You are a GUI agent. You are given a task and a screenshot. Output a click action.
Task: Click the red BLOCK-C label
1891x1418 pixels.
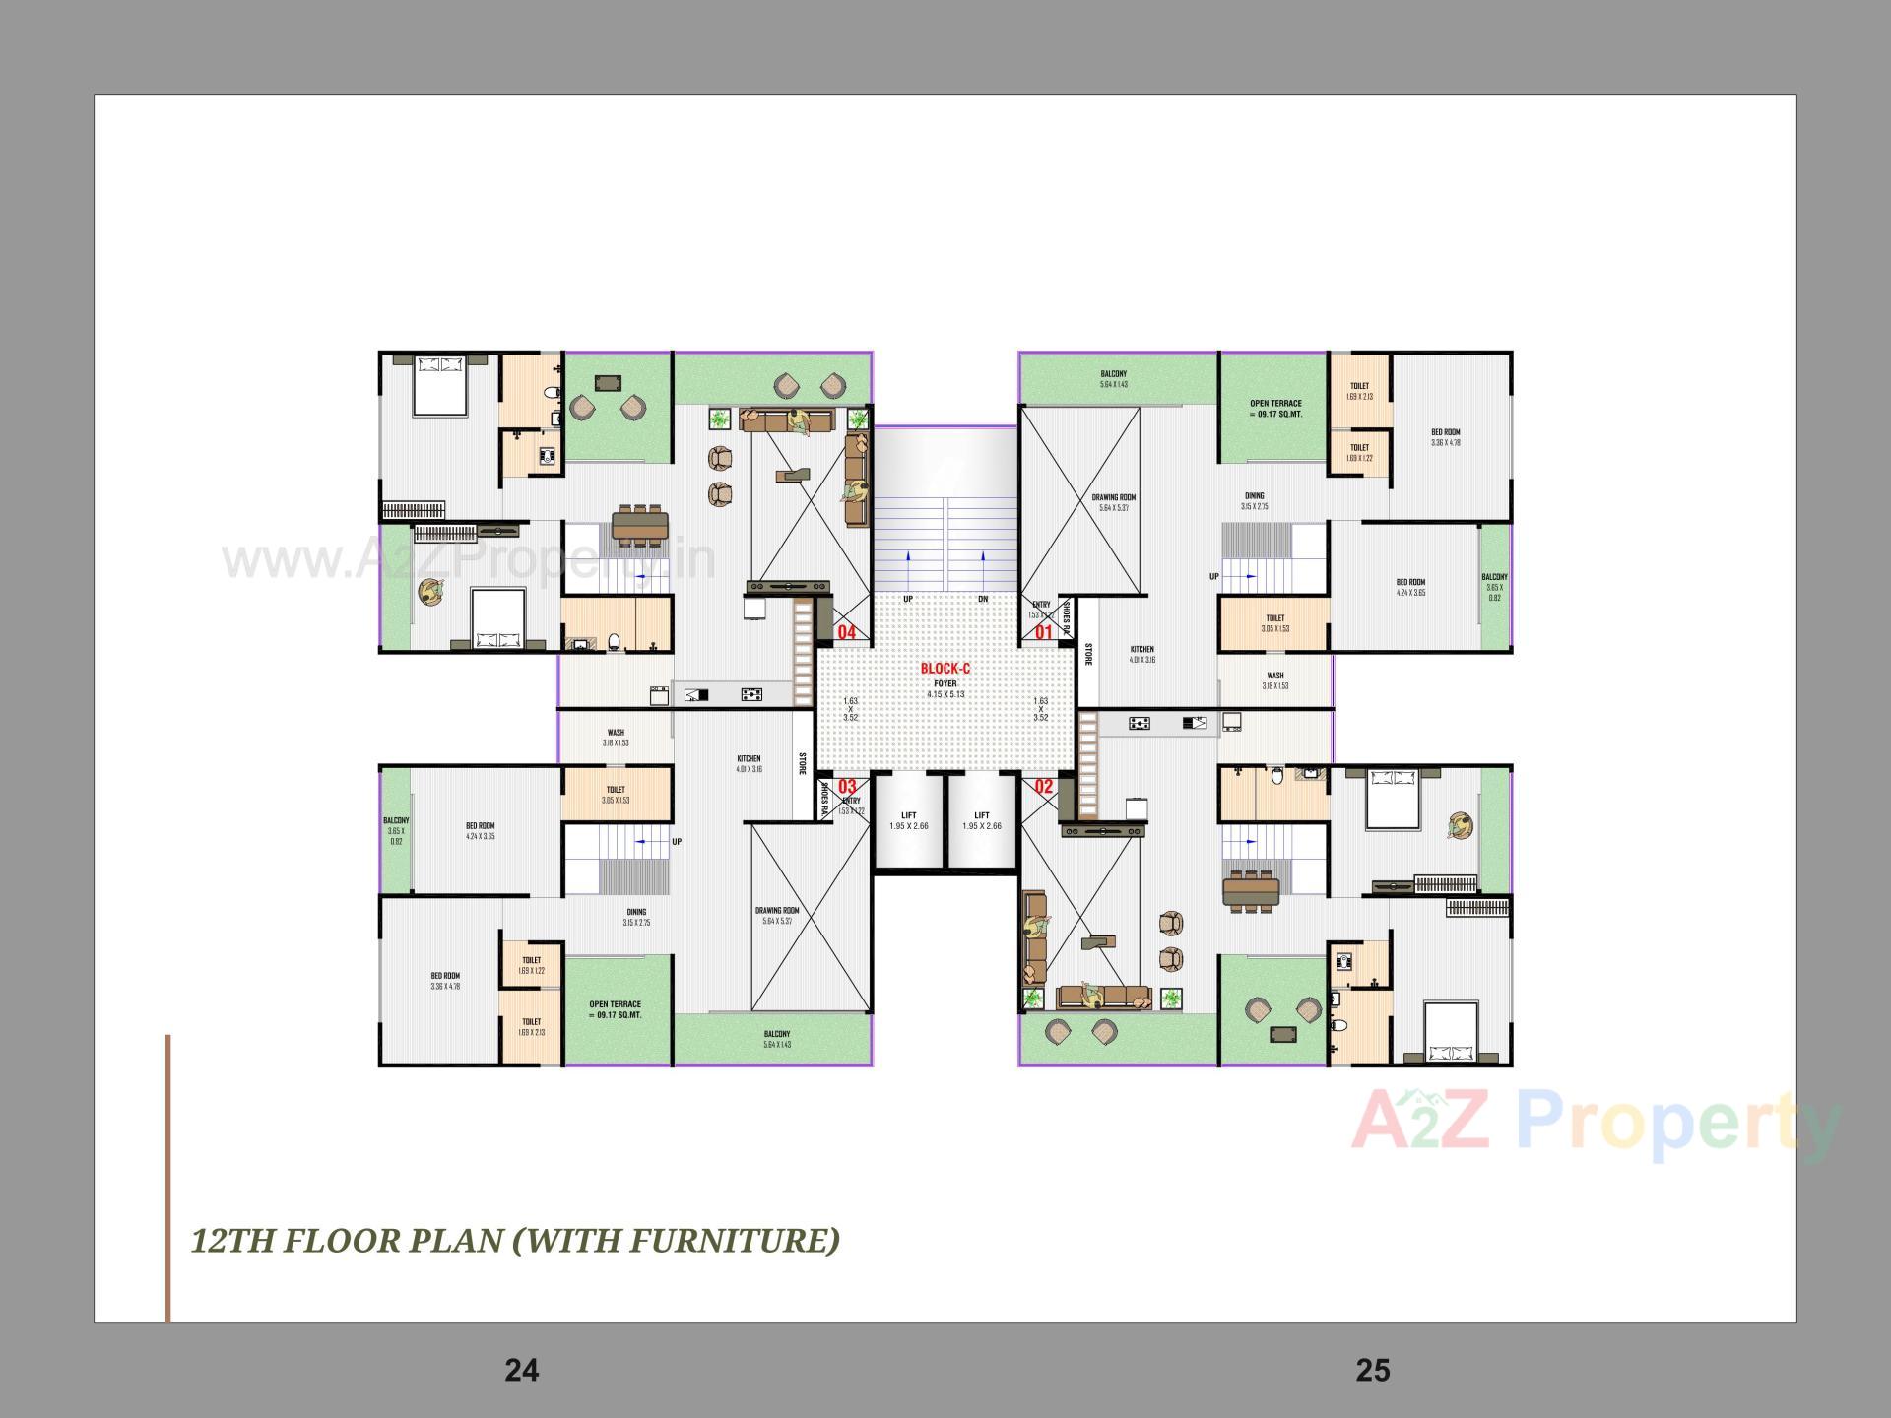(945, 669)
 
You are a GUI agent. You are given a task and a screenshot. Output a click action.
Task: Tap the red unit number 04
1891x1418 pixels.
(846, 633)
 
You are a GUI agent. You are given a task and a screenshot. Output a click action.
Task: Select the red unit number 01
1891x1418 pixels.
(1043, 632)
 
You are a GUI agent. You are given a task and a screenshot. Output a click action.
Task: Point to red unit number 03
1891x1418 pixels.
(847, 787)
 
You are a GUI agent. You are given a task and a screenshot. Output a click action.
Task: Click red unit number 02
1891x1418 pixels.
(1043, 787)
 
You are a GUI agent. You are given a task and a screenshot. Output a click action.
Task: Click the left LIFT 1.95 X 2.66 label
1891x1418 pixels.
(908, 820)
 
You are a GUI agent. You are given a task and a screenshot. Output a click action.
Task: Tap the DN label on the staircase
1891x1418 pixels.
(982, 599)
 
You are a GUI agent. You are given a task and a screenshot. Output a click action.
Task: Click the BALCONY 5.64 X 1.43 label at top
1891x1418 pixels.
(1113, 379)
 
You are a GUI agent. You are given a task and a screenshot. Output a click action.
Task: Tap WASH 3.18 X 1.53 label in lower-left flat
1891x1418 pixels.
(616, 738)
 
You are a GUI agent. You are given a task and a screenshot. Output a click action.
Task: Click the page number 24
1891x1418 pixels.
(521, 1370)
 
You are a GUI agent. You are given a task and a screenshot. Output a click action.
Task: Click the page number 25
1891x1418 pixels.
(1372, 1370)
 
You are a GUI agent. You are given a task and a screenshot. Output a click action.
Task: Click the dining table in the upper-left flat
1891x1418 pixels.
(640, 526)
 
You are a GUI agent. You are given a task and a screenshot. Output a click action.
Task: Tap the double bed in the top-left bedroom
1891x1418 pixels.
(439, 385)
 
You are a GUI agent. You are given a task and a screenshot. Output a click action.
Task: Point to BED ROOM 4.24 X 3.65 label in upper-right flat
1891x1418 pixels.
(1409, 587)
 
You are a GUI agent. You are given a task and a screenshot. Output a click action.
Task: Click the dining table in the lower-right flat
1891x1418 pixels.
(1251, 891)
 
